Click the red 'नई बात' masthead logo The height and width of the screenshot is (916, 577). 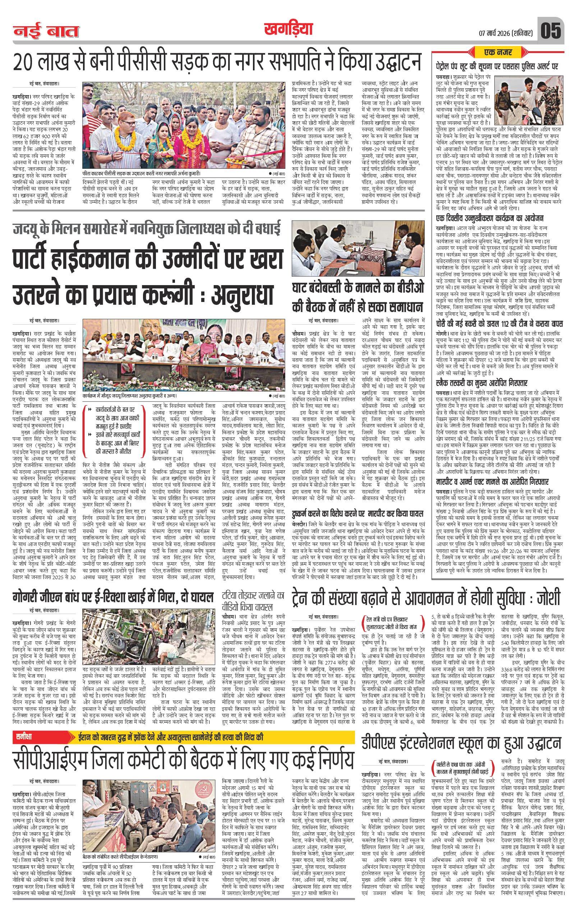tap(46, 31)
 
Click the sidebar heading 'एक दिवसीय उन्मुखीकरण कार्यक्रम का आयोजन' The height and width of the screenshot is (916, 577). tap(490, 218)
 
